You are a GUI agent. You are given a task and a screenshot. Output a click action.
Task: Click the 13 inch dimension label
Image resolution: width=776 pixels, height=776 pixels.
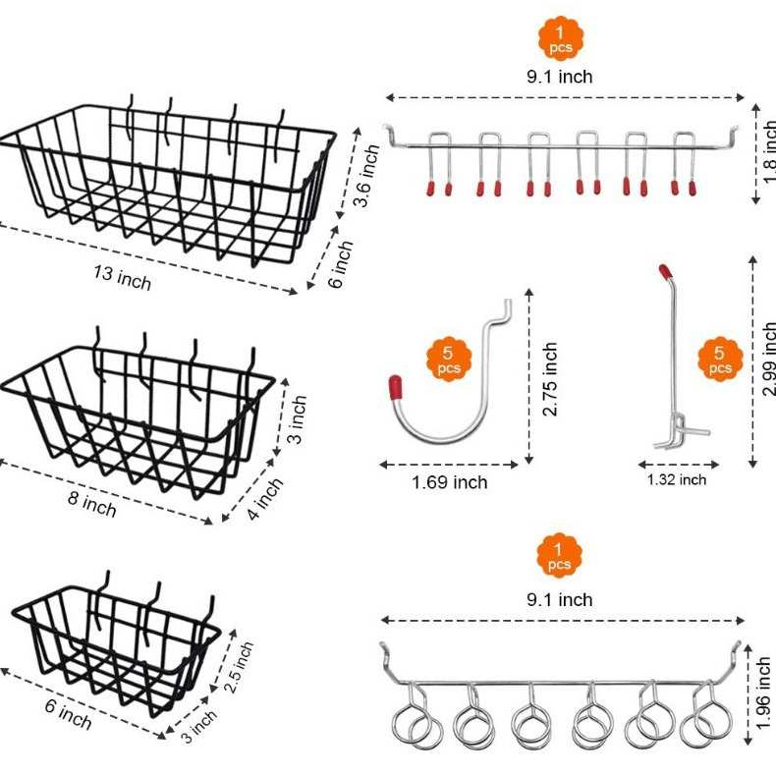pos(121,277)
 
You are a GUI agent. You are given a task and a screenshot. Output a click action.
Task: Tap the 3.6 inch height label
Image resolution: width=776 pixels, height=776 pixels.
pos(367,176)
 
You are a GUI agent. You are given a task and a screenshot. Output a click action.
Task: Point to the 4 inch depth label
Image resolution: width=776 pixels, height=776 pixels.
pos(265,499)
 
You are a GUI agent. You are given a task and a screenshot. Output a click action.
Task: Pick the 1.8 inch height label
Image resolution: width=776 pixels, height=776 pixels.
pos(768,150)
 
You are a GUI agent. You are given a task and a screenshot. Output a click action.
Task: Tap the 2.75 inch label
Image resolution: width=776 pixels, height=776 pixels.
pos(550,378)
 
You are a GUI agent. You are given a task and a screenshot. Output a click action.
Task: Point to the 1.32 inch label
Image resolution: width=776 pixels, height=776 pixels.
pos(676,479)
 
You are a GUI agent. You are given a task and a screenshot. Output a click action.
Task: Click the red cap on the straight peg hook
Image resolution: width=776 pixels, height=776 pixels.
pos(665,268)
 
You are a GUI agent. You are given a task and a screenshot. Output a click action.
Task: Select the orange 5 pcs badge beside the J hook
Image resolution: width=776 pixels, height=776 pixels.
pos(448,360)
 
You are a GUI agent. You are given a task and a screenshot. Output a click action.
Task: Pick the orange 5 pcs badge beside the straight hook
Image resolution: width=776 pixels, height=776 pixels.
pos(720,360)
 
